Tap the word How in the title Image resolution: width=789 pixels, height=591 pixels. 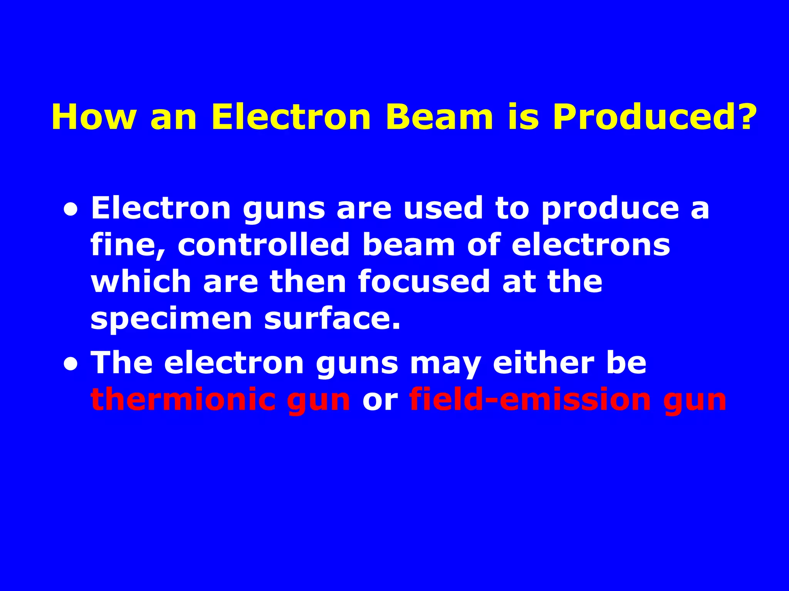(94, 117)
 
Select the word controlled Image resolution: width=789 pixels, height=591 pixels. (264, 245)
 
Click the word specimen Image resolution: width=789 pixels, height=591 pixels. (171, 319)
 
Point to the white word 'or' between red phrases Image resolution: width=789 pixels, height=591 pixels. (379, 401)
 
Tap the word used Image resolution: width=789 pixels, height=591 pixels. (443, 208)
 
